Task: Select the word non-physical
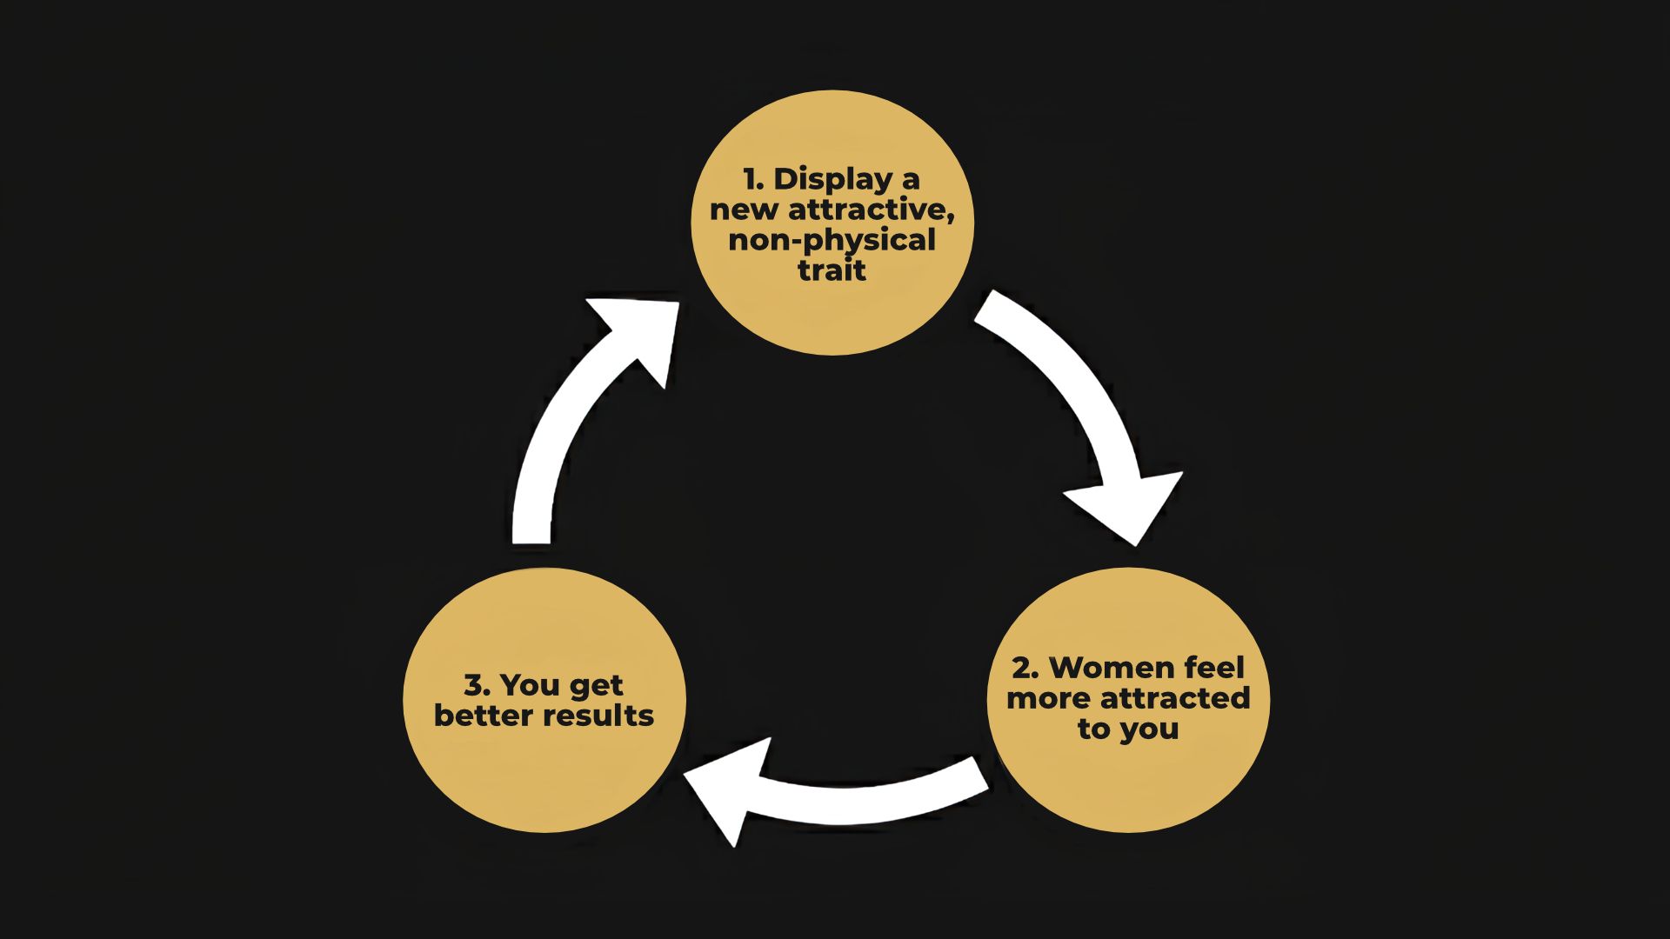pos(832,240)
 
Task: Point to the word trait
pos(832,270)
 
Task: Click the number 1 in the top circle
pos(752,180)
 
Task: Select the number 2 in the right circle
pos(1024,668)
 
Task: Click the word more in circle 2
pos(1049,698)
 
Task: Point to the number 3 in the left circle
pos(475,685)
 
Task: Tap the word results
pos(599,716)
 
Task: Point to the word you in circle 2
pos(1150,729)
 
